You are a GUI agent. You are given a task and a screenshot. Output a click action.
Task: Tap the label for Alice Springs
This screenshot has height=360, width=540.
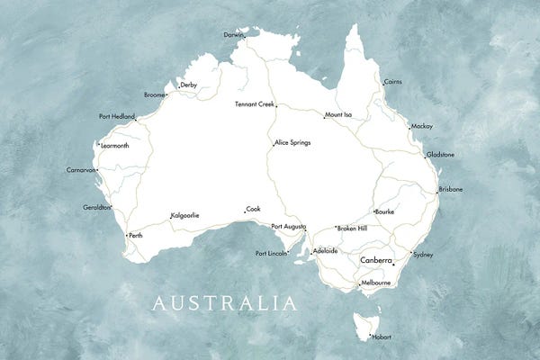pyautogui.click(x=292, y=142)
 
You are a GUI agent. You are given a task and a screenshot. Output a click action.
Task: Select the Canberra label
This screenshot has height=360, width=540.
pyautogui.click(x=375, y=259)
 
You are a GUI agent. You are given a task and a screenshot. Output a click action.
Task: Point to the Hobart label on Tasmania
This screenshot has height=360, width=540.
pyautogui.click(x=382, y=337)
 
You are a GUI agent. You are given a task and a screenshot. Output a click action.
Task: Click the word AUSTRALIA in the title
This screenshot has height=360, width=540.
pyautogui.click(x=225, y=302)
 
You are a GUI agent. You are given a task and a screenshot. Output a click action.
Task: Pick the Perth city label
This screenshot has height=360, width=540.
pyautogui.click(x=136, y=236)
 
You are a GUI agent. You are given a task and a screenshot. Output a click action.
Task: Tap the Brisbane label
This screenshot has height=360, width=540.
pyautogui.click(x=451, y=190)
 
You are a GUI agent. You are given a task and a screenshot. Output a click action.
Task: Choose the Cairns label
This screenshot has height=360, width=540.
pyautogui.click(x=393, y=82)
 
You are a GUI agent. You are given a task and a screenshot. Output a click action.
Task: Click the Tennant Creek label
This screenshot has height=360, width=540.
pyautogui.click(x=254, y=103)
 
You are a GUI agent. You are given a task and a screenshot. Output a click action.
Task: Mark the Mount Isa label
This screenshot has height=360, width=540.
pyautogui.click(x=338, y=115)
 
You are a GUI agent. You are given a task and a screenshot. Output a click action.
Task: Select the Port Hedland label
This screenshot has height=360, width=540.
pyautogui.click(x=117, y=116)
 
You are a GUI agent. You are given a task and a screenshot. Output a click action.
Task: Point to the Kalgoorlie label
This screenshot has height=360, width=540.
pyautogui.click(x=184, y=215)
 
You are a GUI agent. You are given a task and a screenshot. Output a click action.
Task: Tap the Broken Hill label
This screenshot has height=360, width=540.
pyautogui.click(x=352, y=229)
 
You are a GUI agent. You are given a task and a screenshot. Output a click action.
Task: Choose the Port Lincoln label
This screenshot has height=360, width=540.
pyautogui.click(x=271, y=253)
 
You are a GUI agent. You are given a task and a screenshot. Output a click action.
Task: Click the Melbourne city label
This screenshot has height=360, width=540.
pyautogui.click(x=375, y=283)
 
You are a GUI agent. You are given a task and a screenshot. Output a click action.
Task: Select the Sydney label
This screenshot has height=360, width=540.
pyautogui.click(x=423, y=255)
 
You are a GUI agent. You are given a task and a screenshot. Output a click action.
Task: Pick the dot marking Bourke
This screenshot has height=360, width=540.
pyautogui.click(x=374, y=212)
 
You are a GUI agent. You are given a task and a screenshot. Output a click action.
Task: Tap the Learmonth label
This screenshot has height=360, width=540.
pyautogui.click(x=115, y=145)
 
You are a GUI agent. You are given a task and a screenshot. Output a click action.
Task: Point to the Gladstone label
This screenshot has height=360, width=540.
pyautogui.click(x=440, y=155)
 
